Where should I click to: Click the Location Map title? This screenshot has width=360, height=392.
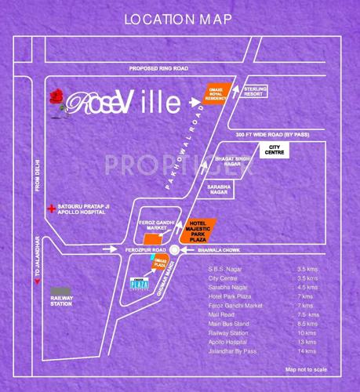(180, 18)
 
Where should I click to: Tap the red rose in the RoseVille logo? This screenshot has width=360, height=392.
(56, 99)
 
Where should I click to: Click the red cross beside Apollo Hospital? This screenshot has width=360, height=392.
(52, 209)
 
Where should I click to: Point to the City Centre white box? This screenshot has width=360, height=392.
(275, 149)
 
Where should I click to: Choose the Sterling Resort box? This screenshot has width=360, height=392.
(255, 94)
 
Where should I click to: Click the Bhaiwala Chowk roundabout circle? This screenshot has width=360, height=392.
(174, 251)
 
